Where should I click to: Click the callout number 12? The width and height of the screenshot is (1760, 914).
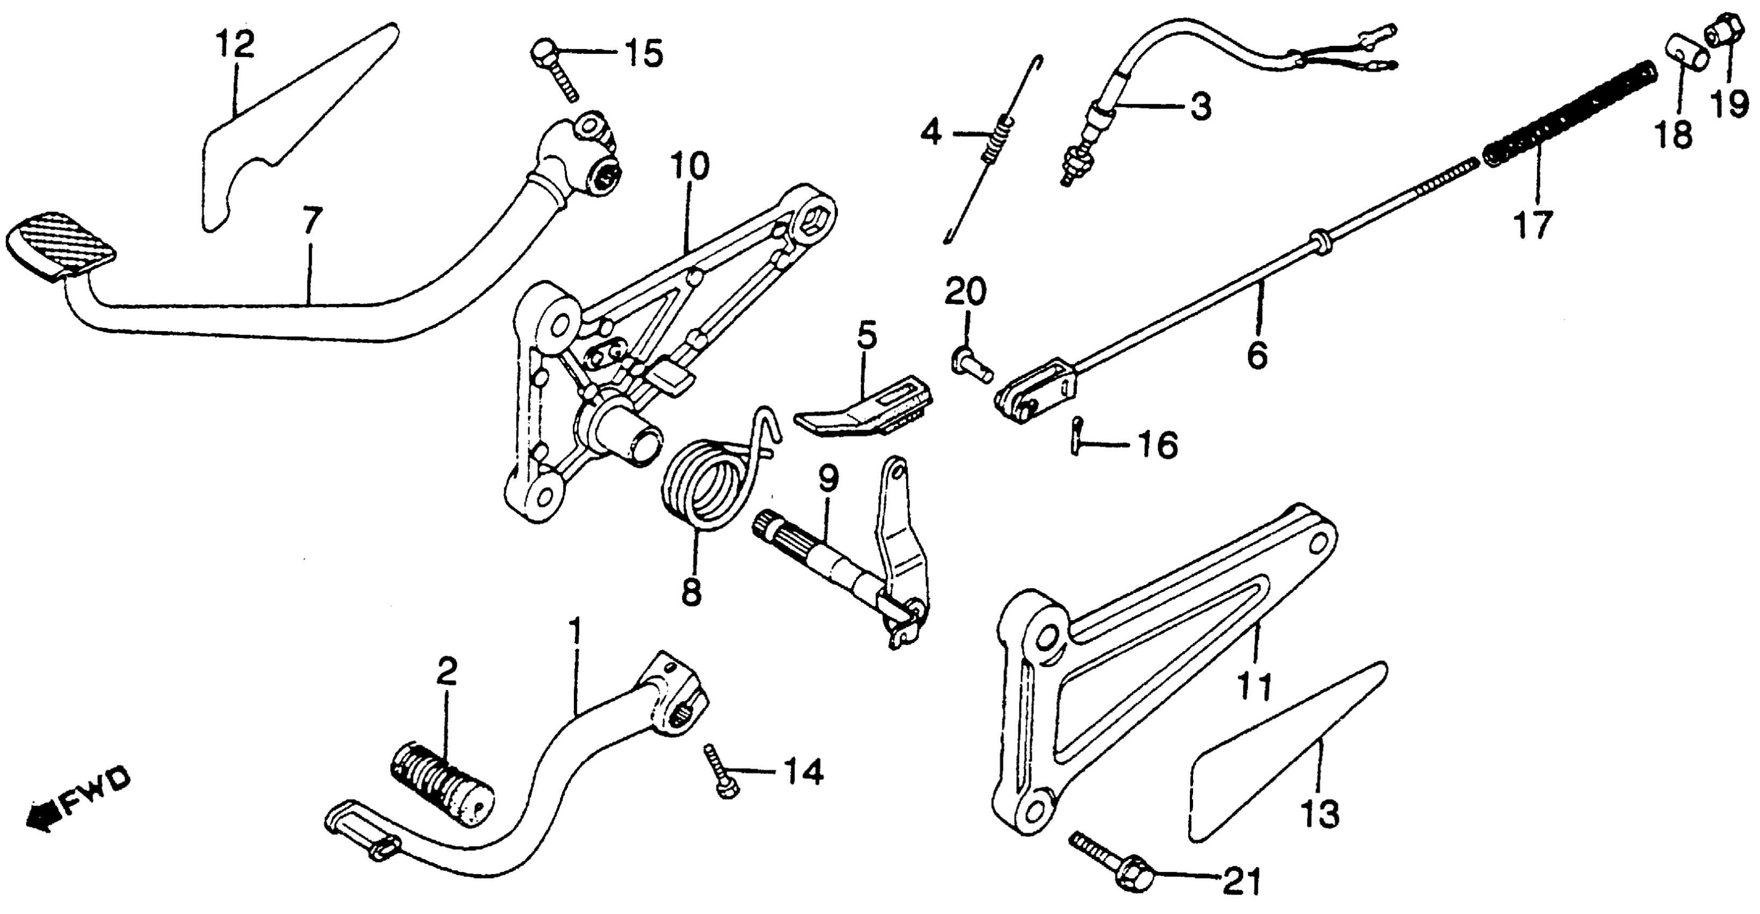(235, 45)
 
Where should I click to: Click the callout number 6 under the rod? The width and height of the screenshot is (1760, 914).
(1257, 355)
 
